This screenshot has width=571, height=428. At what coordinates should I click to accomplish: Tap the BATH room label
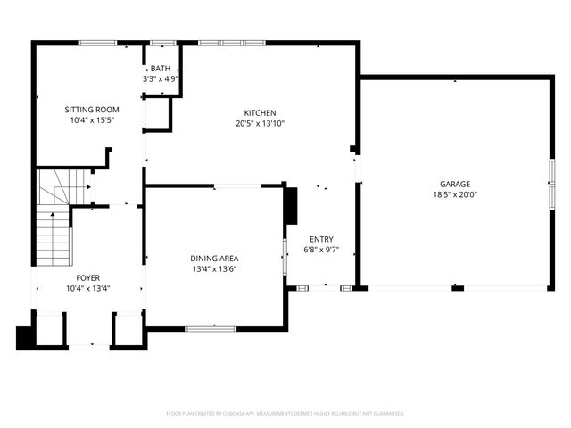coord(161,69)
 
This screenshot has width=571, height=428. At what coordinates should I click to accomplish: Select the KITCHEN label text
coord(261,113)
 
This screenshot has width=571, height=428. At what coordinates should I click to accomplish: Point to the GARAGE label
coord(456,184)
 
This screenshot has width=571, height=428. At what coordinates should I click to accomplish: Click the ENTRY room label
coord(322,239)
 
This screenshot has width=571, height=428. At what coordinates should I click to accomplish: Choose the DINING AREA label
coord(214,259)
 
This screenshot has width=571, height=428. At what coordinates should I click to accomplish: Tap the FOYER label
coord(87,277)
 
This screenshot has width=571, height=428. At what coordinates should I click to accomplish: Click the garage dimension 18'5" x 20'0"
coord(456,194)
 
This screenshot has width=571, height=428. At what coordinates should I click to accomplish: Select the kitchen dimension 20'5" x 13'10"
coord(261,124)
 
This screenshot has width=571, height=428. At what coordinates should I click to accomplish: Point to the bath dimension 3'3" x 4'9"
coord(161,78)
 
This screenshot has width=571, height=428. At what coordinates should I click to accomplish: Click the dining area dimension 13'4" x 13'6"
coord(214,269)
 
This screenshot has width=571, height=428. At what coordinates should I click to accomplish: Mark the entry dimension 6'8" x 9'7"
coord(322,250)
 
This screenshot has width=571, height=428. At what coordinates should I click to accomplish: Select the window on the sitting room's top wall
coord(98,42)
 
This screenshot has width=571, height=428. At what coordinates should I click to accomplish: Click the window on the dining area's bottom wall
coord(211,329)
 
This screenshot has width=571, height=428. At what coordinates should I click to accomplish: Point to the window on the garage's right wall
coord(550,193)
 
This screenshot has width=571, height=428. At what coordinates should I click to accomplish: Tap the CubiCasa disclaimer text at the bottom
coord(285,414)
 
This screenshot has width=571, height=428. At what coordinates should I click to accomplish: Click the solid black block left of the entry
coord(289,207)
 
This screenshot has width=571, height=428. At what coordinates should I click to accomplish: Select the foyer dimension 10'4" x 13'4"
coord(87,288)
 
